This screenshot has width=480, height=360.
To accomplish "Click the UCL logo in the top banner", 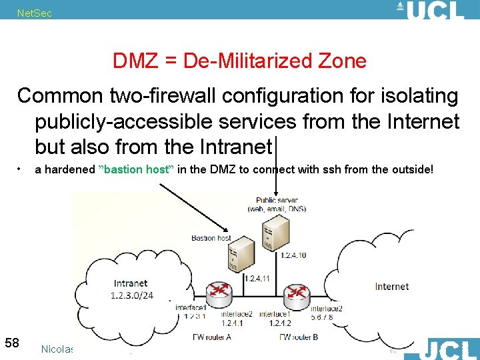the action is click(435, 10).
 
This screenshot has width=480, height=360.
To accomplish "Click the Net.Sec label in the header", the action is click(34, 13).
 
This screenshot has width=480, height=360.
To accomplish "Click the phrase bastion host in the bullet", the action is click(136, 169).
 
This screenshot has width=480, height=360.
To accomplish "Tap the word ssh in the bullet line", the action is click(333, 169).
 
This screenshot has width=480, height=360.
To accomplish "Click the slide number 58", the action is click(12, 343).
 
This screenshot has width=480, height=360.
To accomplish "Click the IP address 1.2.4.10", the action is click(293, 255).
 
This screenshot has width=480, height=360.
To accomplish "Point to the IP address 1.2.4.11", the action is click(257, 278).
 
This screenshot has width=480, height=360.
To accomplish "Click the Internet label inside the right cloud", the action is click(391, 287).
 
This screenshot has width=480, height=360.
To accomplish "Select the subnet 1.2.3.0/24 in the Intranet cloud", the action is click(132, 295).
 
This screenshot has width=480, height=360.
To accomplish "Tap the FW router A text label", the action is click(211, 337).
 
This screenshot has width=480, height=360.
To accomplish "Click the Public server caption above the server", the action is click(277, 200).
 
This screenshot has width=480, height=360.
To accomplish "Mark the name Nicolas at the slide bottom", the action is click(57, 349).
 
